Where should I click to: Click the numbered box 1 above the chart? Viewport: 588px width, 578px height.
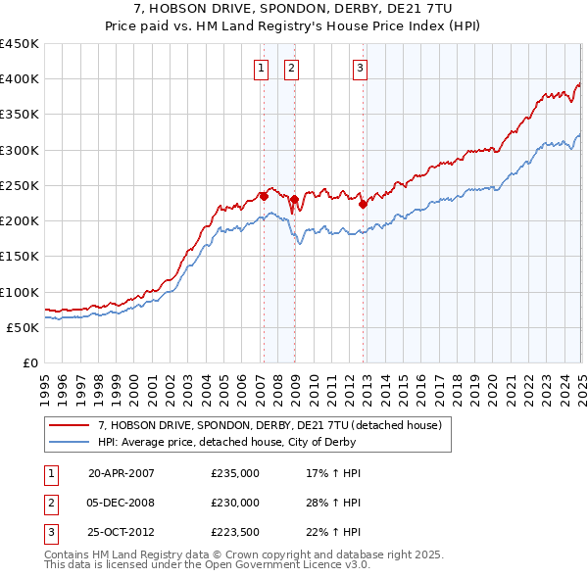(x=262, y=68)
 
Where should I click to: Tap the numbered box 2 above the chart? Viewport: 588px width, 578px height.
(x=293, y=68)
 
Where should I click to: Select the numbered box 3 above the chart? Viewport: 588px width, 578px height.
(x=361, y=68)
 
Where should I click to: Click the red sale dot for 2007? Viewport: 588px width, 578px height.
(x=264, y=196)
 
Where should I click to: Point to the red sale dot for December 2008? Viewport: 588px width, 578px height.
(x=293, y=200)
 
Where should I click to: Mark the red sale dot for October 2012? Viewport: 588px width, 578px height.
(x=363, y=204)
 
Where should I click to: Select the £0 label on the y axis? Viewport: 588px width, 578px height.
(x=29, y=363)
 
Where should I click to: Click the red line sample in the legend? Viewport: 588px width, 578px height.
(x=69, y=425)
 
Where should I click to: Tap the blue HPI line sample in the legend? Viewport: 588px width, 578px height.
(x=69, y=442)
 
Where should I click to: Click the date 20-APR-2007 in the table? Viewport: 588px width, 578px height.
(x=122, y=472)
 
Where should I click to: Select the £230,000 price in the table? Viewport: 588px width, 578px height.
(x=235, y=503)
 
